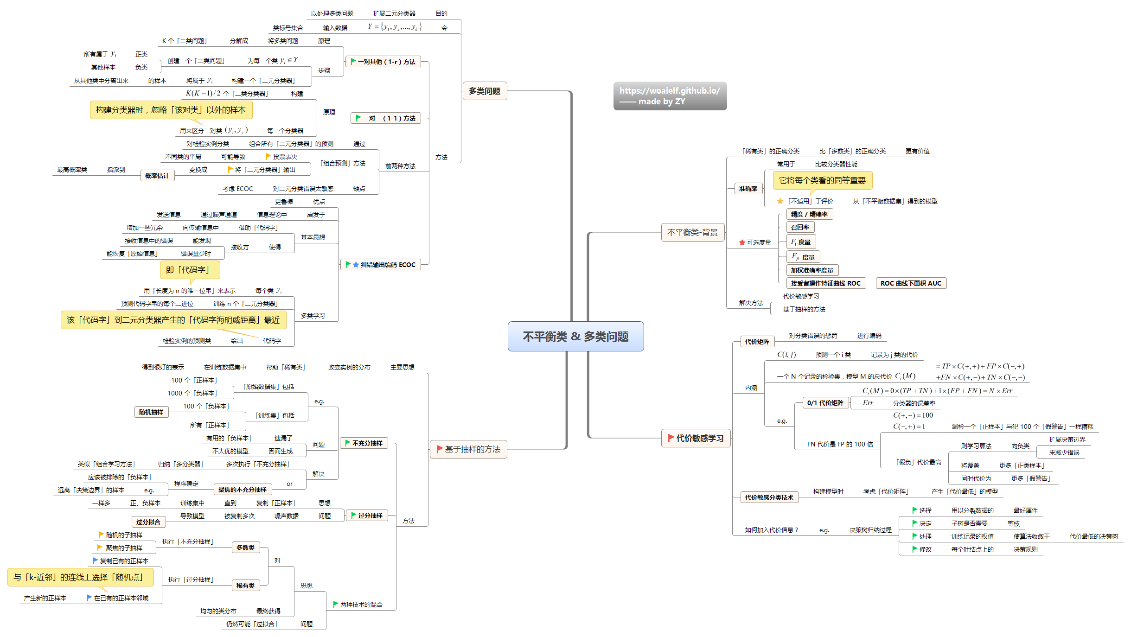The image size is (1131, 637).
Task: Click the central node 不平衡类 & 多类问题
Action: (575, 337)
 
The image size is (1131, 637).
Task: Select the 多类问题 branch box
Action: (484, 91)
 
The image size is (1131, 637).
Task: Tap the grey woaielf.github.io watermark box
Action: (670, 96)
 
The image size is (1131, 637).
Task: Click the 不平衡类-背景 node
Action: (692, 232)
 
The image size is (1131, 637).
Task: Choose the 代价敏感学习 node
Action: (696, 438)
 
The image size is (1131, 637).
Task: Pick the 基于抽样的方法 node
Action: (468, 449)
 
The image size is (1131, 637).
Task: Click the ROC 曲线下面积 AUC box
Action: (910, 283)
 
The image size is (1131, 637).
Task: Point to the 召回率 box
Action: (800, 227)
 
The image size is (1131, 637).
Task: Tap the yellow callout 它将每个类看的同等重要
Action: (822, 180)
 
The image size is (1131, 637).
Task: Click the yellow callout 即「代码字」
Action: (190, 270)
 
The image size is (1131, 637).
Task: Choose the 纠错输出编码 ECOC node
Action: (381, 265)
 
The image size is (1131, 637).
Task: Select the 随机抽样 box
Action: (151, 412)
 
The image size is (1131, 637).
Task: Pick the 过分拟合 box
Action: (148, 522)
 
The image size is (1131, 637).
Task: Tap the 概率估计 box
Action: (157, 176)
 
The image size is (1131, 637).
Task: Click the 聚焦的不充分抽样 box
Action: (242, 490)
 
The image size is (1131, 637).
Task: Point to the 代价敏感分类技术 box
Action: (768, 497)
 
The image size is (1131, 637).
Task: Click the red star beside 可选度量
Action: (742, 242)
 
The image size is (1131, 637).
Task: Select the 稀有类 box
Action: (245, 586)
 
